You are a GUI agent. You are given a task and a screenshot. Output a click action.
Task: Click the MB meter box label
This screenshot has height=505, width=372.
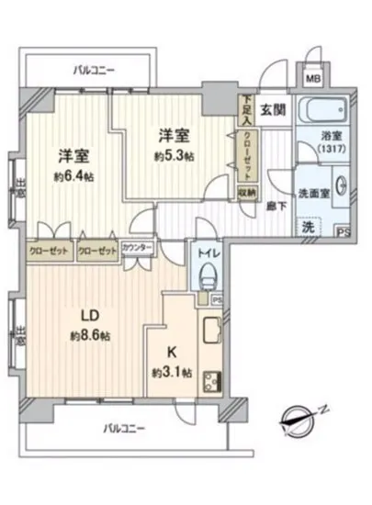313,80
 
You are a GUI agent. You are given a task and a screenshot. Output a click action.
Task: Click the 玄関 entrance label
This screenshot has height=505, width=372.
271,111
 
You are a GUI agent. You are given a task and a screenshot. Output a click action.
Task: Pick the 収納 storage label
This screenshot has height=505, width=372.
247,192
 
